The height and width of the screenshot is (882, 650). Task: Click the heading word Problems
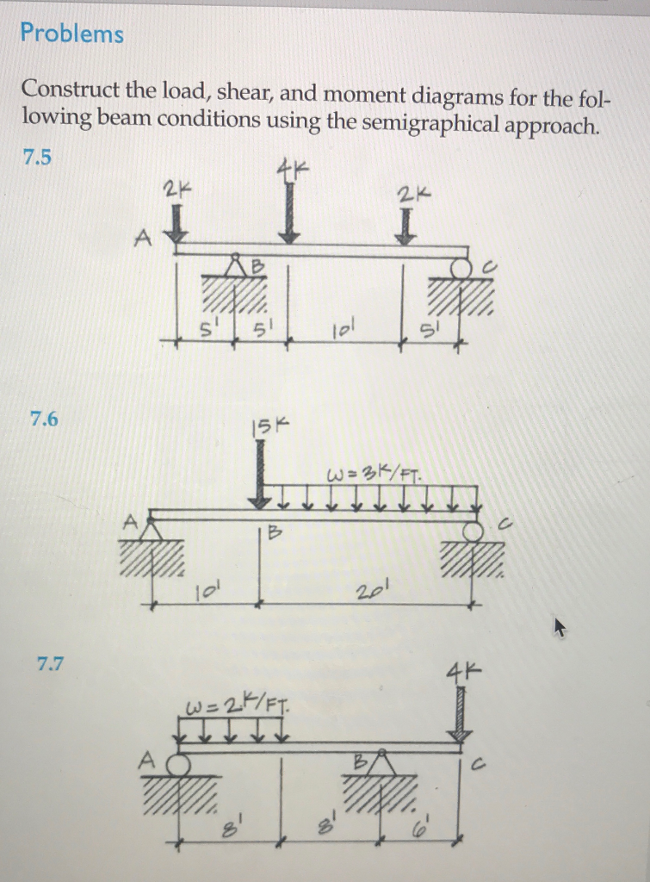[72, 34]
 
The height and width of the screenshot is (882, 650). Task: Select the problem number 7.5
[38, 157]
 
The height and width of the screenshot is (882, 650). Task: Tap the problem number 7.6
[44, 419]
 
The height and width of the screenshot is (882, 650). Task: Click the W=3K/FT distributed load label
[374, 474]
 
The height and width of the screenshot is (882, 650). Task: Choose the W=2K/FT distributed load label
[236, 711]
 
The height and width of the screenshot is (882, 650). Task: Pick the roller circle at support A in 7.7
[178, 764]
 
